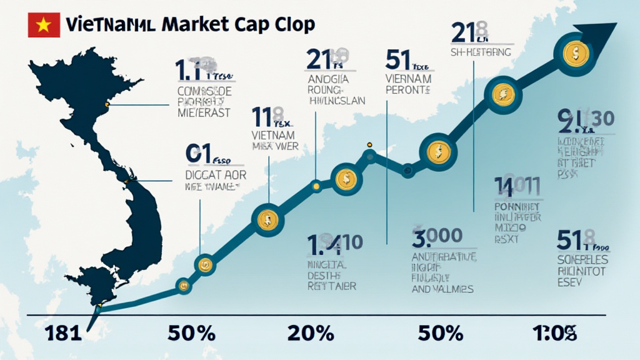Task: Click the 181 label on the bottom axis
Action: pos(64,332)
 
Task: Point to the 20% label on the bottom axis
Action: pos(311,332)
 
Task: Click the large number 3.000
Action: pos(437,236)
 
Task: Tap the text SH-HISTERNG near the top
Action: pos(481,52)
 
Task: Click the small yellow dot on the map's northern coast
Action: pos(107,104)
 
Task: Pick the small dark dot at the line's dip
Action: pos(407,168)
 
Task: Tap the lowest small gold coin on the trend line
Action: pos(183,286)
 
